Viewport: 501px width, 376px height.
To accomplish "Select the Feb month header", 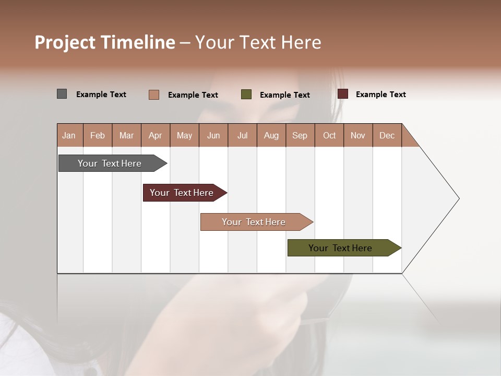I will click(x=98, y=135).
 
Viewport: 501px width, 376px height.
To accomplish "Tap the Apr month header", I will click(x=156, y=135).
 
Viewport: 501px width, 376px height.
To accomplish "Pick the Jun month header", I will click(x=213, y=135).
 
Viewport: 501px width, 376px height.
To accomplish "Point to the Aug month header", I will click(x=271, y=135).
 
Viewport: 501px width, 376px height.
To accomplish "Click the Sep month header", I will click(x=300, y=135).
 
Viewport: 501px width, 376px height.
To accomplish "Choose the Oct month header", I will click(x=329, y=135).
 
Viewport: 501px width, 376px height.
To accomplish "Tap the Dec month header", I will click(x=387, y=135).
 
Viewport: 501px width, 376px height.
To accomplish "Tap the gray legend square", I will click(x=62, y=94).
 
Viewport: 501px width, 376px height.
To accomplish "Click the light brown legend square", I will click(x=153, y=95).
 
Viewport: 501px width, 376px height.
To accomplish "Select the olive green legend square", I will click(x=246, y=95).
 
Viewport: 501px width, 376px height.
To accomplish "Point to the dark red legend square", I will click(x=343, y=94).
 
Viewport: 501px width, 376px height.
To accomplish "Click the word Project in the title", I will click(x=65, y=42).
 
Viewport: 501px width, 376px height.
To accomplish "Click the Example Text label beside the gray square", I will click(x=101, y=95).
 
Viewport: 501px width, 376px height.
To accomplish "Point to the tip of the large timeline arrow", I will click(x=458, y=198).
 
